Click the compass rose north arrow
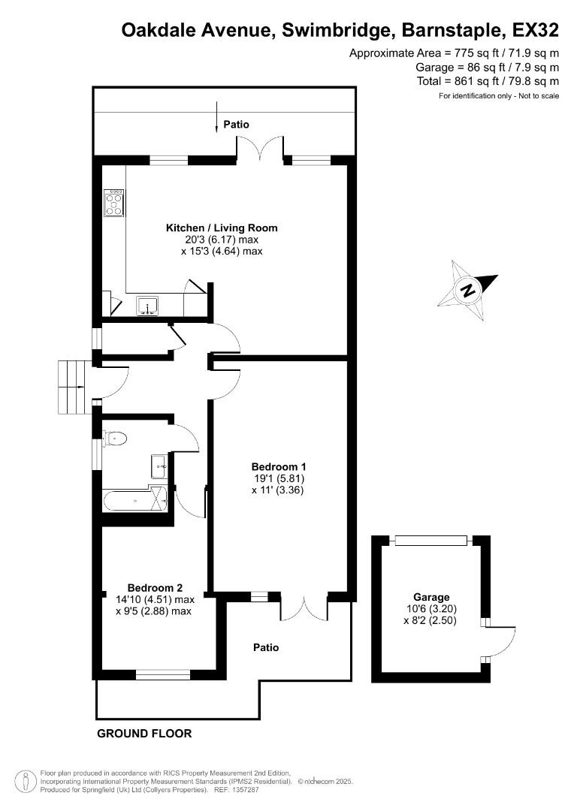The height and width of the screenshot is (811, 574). tap(468, 290)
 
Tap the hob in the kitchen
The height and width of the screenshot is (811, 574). tap(113, 202)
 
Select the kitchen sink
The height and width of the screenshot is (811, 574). tap(146, 305)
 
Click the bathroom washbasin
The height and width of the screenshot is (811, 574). tap(159, 465)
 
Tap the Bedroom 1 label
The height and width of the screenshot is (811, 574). tap(278, 466)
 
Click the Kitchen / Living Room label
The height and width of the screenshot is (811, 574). tap(222, 228)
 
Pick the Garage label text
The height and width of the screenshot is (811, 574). tap(430, 597)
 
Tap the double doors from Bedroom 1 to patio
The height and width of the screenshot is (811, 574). tap(304, 608)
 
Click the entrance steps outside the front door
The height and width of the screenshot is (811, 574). tap(74, 387)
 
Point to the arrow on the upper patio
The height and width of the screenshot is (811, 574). tap(217, 116)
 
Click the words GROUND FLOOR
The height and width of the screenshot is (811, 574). tap(144, 734)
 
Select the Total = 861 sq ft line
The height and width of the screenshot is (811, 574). tap(488, 81)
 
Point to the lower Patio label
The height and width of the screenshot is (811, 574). tap(266, 647)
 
